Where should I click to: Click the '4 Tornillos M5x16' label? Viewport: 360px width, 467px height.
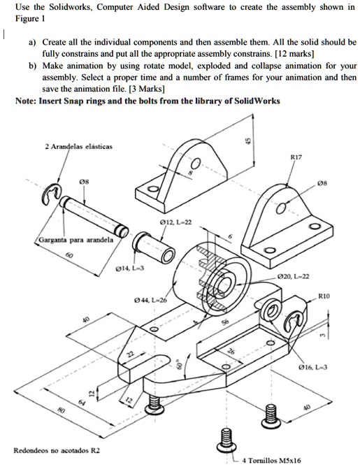coord(271,460)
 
